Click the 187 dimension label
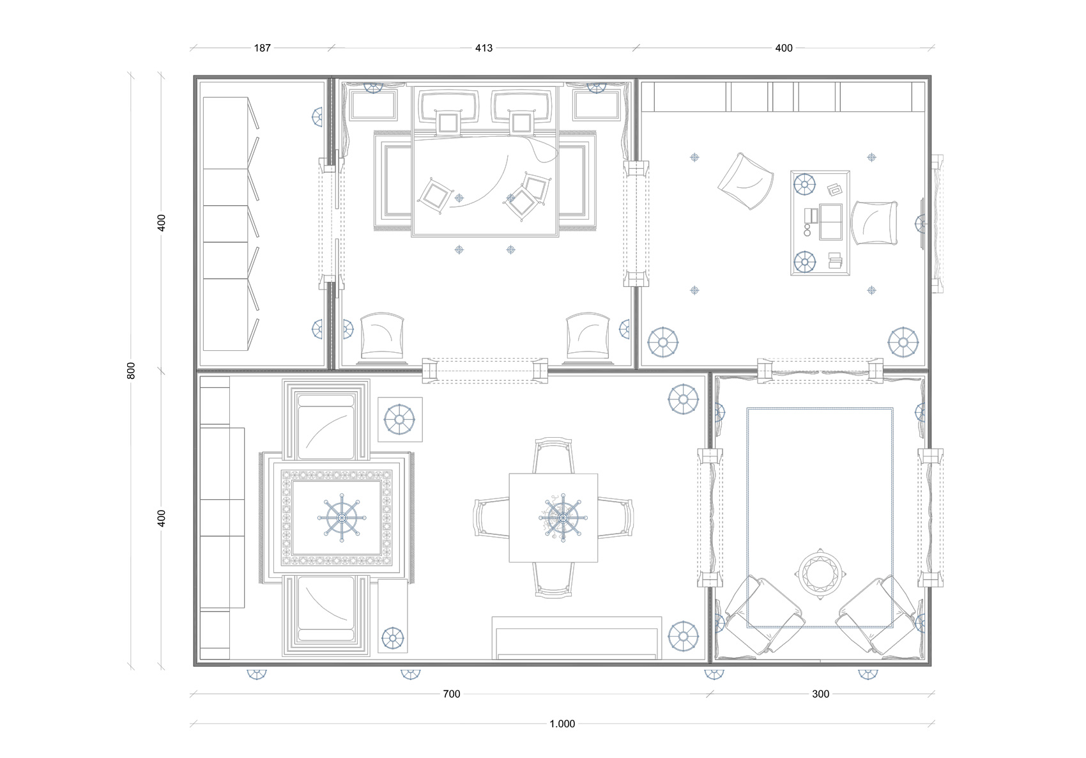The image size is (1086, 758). click(263, 48)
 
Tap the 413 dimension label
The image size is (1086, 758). click(484, 48)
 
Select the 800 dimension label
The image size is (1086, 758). click(131, 371)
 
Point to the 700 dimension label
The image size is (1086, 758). click(452, 694)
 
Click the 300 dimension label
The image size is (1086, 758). click(821, 694)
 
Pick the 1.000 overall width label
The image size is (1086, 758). click(562, 724)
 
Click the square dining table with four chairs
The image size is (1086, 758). click(553, 518)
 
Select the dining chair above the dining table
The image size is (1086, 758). click(553, 456)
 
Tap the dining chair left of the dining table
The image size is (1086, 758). click(492, 518)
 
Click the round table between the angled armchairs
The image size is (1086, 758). click(820, 574)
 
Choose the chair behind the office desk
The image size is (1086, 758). click(875, 223)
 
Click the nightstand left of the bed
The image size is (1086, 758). click(373, 105)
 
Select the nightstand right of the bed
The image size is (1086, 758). click(596, 105)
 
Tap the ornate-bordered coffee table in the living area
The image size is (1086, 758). click(337, 518)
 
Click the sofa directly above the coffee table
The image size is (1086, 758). click(326, 421)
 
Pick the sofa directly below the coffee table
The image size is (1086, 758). click(326, 615)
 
